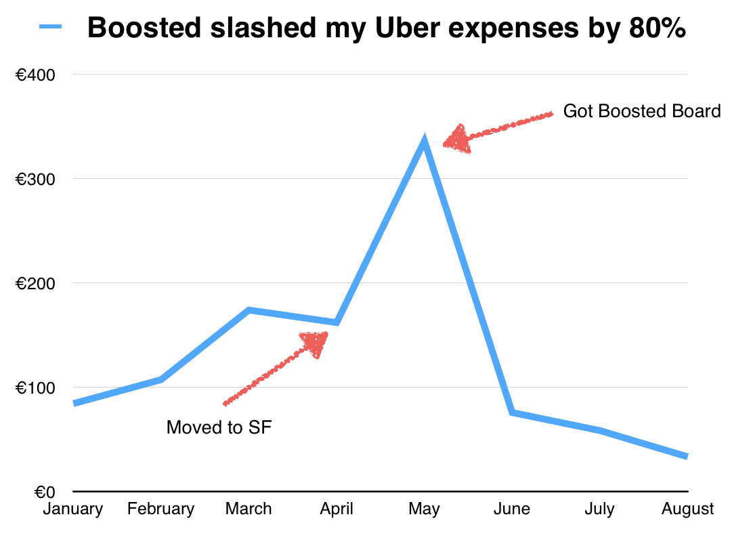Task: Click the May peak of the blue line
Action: [x=425, y=141]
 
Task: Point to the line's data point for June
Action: [x=513, y=412]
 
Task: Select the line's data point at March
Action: [x=249, y=310]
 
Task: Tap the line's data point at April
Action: [x=337, y=322]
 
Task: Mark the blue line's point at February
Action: [x=161, y=379]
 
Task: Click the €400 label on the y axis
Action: [x=35, y=75]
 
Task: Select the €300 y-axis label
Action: [x=35, y=179]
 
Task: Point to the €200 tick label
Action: [x=35, y=283]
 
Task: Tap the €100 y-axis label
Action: [x=35, y=388]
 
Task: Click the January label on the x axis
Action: [x=73, y=509]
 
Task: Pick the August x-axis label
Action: [x=688, y=509]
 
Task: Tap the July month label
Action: [x=600, y=509]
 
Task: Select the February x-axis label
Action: [x=161, y=509]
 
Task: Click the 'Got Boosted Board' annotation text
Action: [x=642, y=111]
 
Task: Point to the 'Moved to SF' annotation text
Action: [x=219, y=428]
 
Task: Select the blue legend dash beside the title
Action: [x=51, y=28]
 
